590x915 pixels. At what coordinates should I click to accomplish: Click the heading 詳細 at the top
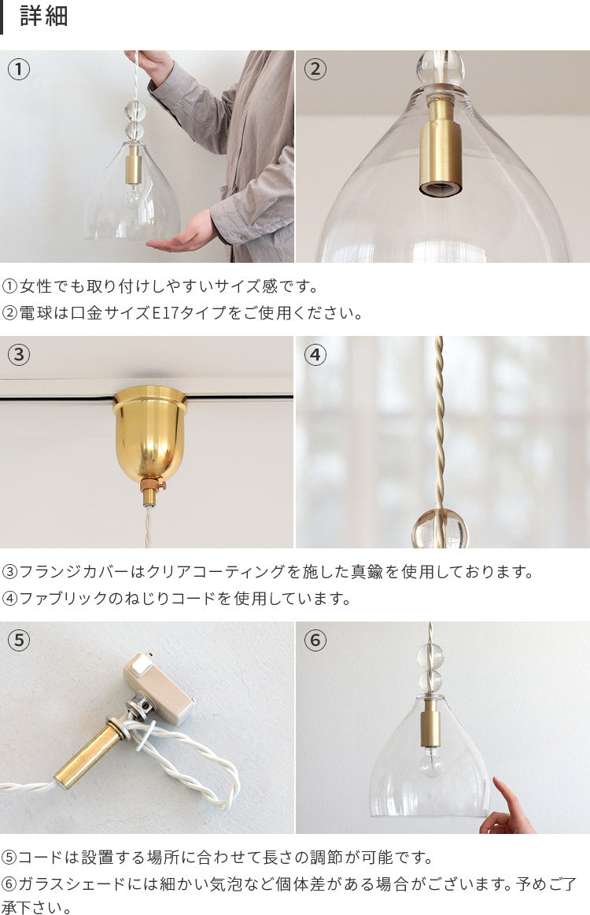tap(44, 16)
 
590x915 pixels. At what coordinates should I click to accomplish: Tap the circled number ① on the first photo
tap(19, 69)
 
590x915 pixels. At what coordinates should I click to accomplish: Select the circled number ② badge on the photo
tap(315, 69)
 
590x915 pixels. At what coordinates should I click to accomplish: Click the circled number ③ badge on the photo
tap(19, 355)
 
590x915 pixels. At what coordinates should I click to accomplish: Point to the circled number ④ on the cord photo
tap(315, 355)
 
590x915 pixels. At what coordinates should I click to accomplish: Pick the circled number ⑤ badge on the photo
tap(19, 640)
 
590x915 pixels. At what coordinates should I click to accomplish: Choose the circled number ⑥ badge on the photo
tap(315, 640)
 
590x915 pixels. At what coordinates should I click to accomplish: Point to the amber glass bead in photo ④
tap(440, 528)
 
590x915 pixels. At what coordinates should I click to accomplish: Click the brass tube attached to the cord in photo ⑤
tap(87, 754)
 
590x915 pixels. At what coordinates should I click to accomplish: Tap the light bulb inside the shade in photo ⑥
tap(430, 761)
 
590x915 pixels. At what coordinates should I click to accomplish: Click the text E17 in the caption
tap(165, 313)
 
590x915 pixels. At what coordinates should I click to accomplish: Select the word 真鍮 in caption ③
tap(367, 572)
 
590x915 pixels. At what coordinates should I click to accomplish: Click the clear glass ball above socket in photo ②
tap(441, 69)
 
